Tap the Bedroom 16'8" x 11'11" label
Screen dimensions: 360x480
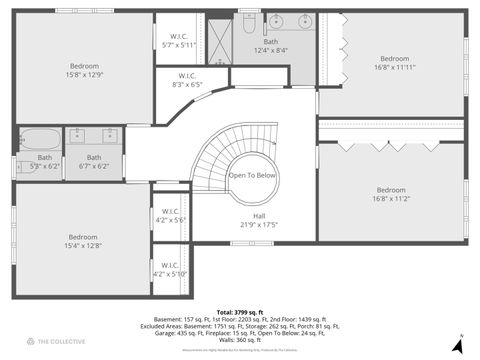[391, 63]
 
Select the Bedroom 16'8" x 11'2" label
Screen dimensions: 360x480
[391, 194]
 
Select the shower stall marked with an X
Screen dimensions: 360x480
[219, 37]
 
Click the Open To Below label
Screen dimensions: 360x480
[252, 175]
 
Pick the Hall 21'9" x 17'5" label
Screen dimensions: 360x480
[259, 220]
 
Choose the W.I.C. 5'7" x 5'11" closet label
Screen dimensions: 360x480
[180, 39]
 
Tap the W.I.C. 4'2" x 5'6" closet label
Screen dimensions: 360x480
[170, 215]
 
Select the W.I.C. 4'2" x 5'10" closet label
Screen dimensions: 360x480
[170, 270]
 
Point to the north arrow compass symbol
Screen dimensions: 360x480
[458, 346]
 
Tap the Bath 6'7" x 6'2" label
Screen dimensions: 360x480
[94, 161]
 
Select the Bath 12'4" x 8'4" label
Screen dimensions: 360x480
[271, 45]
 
